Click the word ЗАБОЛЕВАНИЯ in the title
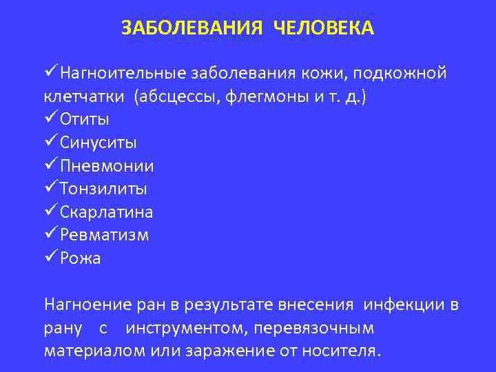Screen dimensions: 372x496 (x=192, y=28)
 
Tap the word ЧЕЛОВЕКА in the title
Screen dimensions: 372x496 (x=324, y=28)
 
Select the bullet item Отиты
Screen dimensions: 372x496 (x=84, y=119)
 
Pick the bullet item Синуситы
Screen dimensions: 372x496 (x=98, y=143)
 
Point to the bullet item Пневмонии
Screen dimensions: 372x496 (x=106, y=166)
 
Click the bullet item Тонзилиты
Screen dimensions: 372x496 (x=103, y=189)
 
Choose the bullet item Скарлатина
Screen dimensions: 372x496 (x=106, y=211)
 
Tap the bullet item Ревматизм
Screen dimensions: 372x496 (x=103, y=235)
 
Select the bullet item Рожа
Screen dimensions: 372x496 (x=80, y=258)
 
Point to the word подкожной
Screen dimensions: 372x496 (x=402, y=73)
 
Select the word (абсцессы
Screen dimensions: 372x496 (x=176, y=96)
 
